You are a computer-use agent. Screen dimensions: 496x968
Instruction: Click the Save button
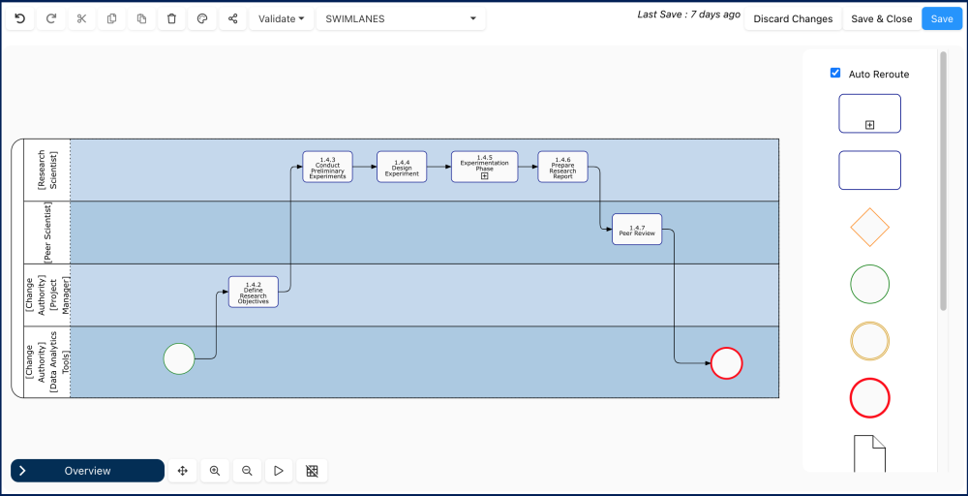point(942,18)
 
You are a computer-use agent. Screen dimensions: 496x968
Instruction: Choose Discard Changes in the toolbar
point(793,18)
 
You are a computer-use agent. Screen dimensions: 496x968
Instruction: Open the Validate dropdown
point(282,18)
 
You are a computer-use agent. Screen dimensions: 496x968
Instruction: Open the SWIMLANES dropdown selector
point(401,18)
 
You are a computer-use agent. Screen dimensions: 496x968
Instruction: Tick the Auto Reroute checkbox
point(835,74)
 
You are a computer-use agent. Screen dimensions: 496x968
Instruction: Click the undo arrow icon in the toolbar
point(20,18)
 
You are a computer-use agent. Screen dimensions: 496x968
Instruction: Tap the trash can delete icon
point(171,18)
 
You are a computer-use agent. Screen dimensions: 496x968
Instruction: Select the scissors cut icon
point(81,18)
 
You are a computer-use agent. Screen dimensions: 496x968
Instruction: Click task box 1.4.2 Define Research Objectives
point(254,292)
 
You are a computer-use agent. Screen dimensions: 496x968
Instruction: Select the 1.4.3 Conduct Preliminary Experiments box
point(327,167)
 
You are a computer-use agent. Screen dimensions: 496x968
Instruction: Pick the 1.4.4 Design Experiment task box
point(402,167)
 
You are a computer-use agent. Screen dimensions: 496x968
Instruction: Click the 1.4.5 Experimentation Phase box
point(484,167)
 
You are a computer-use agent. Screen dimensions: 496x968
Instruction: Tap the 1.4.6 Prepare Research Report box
point(562,167)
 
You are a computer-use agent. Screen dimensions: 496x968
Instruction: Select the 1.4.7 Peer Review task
point(637,230)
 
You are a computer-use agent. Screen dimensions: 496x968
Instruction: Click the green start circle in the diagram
point(179,358)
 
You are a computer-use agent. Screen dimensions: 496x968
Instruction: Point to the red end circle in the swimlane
point(726,363)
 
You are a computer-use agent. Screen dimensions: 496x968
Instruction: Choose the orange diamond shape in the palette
point(869,228)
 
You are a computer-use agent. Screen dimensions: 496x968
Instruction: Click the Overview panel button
point(87,471)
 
